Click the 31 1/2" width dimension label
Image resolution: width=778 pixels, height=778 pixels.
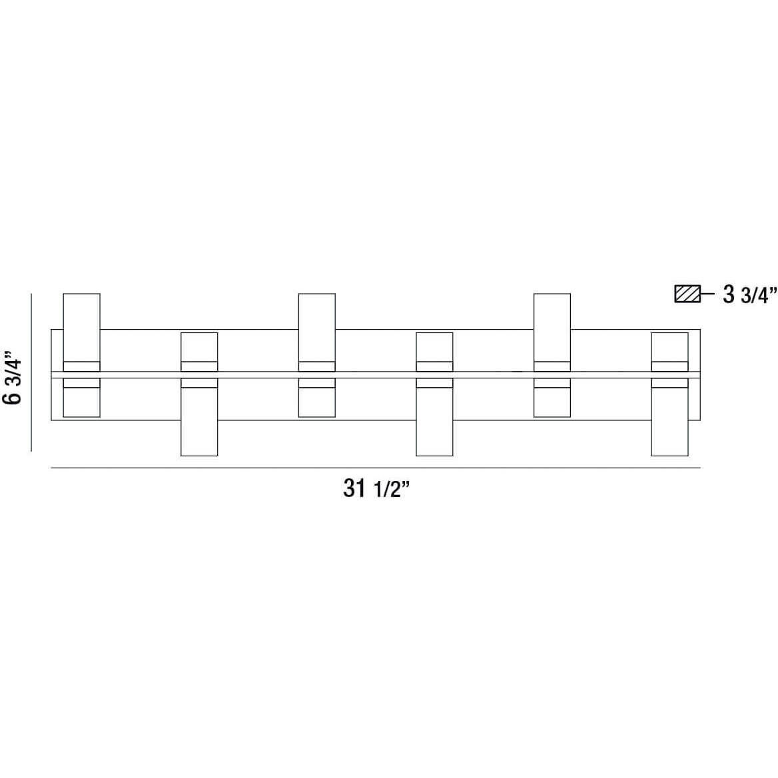click(376, 489)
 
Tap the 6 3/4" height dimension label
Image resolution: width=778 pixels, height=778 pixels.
click(13, 378)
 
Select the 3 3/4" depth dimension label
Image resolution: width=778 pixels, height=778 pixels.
click(749, 294)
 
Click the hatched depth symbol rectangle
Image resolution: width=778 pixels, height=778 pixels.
click(687, 294)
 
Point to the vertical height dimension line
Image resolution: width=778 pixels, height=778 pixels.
click(31, 372)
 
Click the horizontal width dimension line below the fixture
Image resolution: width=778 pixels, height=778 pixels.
click(376, 468)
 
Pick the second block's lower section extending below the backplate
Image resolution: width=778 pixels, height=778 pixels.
click(199, 417)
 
